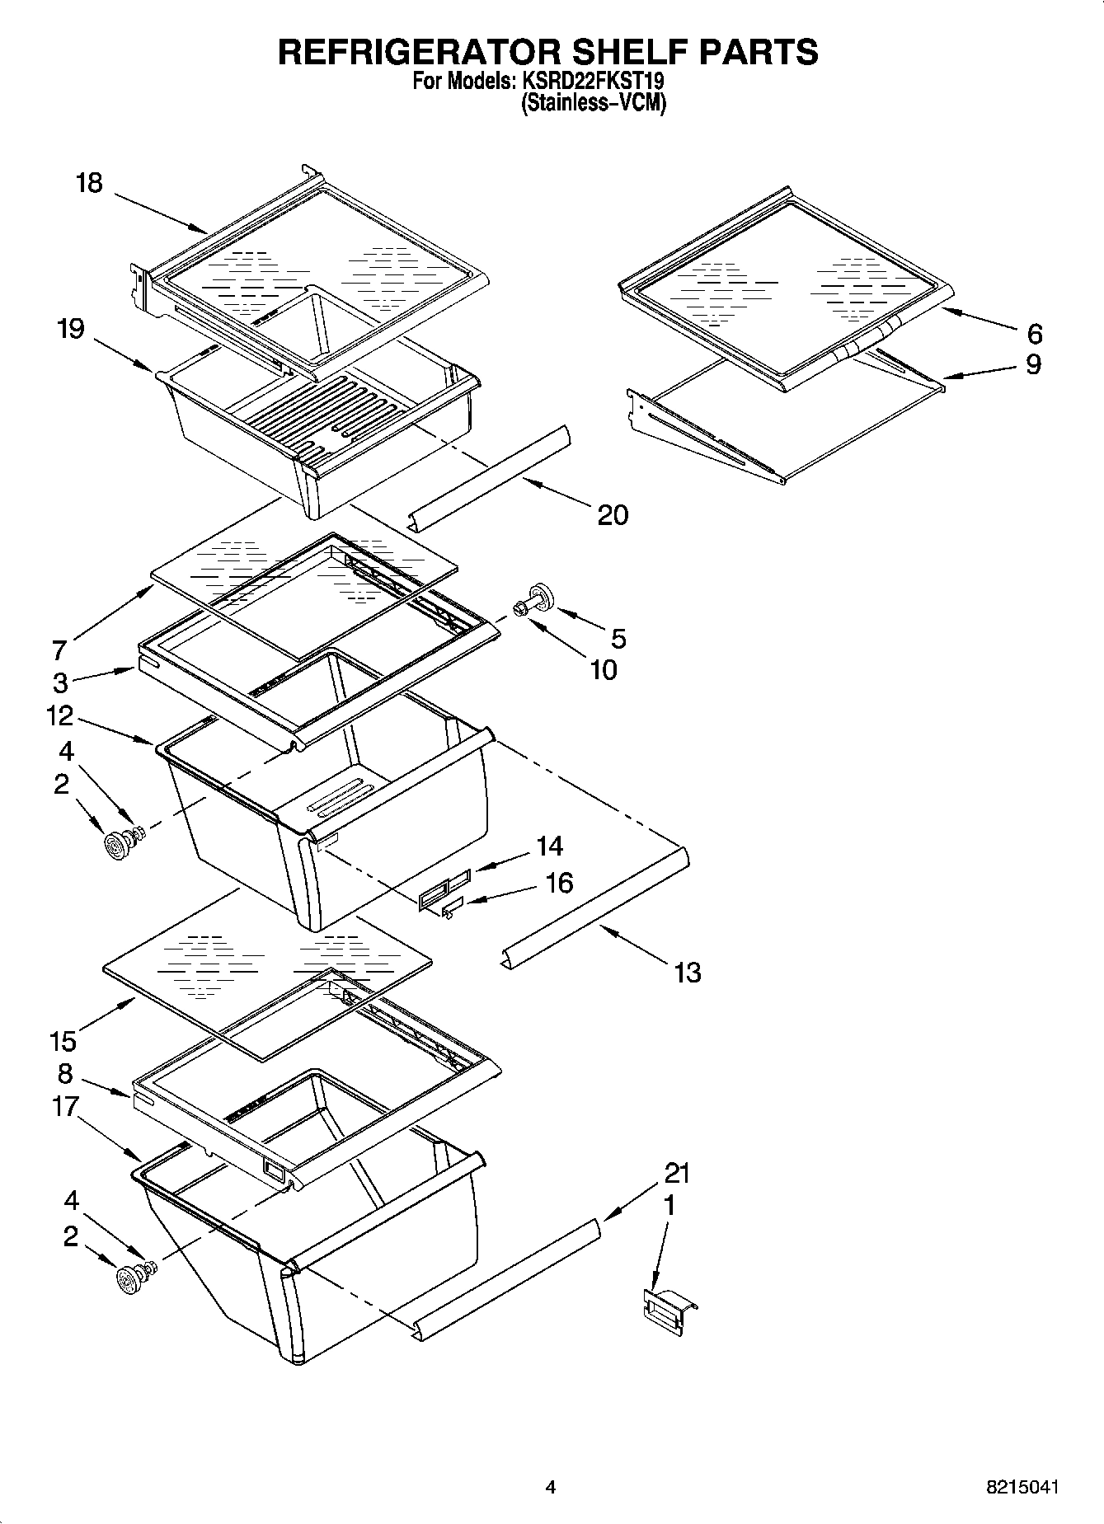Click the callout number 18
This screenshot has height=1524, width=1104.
(x=89, y=183)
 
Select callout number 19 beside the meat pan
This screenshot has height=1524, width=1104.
(x=71, y=330)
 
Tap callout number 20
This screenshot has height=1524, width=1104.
(x=613, y=515)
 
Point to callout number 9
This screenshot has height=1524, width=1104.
(x=1033, y=364)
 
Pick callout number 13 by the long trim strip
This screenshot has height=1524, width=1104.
(x=687, y=973)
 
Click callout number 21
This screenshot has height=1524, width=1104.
(x=677, y=1173)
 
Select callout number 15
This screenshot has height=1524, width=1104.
(x=63, y=1041)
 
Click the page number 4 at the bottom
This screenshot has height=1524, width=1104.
(x=551, y=1487)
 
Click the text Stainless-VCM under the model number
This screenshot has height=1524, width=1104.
(x=593, y=103)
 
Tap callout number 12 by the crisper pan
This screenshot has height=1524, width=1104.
(x=60, y=715)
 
